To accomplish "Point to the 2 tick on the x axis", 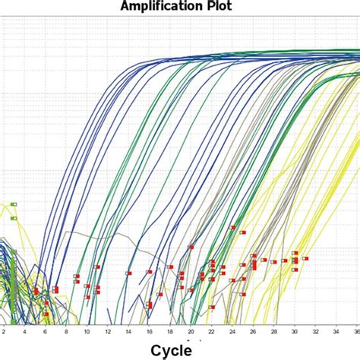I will click(3, 331).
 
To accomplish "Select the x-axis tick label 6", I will click(45, 331).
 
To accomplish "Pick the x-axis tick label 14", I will click(128, 331).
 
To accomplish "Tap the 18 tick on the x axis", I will click(170, 331).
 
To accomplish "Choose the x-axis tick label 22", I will click(212, 331).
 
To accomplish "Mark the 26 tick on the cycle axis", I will click(254, 331).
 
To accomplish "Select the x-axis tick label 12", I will click(107, 331).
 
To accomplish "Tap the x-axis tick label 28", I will click(274, 331).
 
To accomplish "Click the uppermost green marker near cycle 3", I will click(14, 204).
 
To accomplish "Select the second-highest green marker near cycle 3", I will click(14, 219).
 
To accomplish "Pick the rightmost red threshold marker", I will click(305, 258).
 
